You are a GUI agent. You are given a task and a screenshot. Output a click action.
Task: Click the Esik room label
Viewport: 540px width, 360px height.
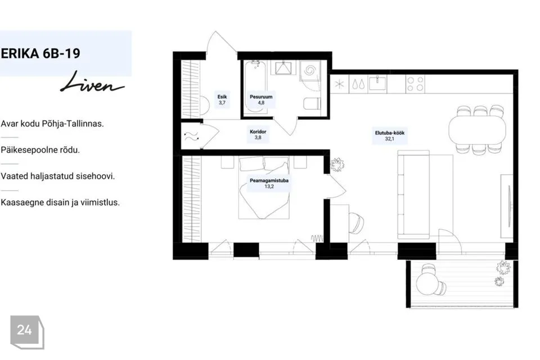(x=222, y=100)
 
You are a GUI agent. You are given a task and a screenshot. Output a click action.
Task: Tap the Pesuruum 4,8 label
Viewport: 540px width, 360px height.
(x=261, y=100)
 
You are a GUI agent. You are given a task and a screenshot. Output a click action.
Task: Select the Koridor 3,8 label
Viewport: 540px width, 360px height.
(x=258, y=134)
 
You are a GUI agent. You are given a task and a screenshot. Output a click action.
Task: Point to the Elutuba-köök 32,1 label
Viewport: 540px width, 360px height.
(x=389, y=136)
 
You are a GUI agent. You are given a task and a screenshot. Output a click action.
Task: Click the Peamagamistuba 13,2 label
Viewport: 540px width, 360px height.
(x=269, y=183)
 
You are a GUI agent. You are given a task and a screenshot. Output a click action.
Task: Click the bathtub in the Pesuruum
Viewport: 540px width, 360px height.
(x=255, y=88)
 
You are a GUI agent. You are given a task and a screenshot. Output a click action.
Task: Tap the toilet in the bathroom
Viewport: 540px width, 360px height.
(x=312, y=103)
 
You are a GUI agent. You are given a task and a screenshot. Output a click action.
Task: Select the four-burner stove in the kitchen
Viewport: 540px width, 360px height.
(x=415, y=84)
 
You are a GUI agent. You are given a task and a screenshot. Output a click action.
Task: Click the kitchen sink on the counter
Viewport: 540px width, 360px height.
(x=377, y=84)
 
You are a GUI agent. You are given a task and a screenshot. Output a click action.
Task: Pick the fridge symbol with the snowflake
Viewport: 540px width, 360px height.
(x=340, y=84)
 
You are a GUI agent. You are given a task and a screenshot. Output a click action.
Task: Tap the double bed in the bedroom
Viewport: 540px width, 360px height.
(x=264, y=188)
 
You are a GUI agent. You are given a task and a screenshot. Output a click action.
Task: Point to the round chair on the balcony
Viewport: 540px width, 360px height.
(x=429, y=281)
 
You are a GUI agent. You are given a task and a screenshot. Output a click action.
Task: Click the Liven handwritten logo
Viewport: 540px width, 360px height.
(x=92, y=82)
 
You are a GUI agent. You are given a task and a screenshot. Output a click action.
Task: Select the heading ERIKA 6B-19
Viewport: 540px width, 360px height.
(x=40, y=53)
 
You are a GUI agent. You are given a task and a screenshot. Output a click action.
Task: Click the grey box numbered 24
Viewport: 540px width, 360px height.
(x=27, y=332)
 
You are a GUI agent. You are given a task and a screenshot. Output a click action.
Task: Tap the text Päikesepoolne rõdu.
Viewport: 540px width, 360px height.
(x=40, y=150)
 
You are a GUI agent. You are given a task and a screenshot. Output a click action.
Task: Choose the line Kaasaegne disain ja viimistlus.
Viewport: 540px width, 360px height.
(x=60, y=202)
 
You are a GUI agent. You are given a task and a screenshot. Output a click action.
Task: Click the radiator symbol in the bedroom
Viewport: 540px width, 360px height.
(x=317, y=238)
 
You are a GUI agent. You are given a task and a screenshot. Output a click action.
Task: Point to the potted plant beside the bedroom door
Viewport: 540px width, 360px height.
(x=337, y=165)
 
